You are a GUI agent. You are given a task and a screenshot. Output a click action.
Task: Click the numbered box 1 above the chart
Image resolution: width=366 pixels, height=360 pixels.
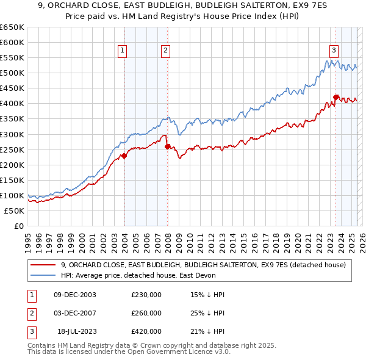(x=123, y=51)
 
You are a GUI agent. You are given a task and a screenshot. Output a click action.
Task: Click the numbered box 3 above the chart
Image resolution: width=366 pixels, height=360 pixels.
(x=334, y=51)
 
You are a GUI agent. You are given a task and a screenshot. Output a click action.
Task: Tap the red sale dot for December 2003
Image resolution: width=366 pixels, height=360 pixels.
(x=124, y=156)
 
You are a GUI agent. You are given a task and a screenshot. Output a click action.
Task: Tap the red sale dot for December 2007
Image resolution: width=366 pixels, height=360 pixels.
(x=167, y=146)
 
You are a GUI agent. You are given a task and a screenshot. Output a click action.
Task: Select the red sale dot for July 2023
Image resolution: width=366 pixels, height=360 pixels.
(x=335, y=97)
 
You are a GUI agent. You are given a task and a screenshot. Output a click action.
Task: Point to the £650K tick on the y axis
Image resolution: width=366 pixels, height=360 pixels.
(x=12, y=27)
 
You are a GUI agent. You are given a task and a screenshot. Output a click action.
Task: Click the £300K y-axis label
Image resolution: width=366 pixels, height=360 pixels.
(x=12, y=134)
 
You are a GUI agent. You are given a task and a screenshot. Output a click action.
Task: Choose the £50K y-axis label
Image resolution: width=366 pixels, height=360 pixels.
(x=14, y=211)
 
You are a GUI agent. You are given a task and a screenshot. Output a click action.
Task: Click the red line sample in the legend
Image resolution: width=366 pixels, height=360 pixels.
(x=43, y=265)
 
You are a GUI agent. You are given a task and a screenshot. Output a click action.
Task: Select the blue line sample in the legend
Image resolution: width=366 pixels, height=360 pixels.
(x=43, y=275)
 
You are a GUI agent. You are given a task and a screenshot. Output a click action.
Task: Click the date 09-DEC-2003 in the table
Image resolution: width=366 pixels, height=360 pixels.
(x=75, y=295)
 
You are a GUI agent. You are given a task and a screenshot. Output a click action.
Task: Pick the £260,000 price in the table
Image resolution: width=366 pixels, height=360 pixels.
(x=146, y=314)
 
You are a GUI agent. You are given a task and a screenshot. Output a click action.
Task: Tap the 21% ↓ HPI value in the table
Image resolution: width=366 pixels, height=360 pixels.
(x=207, y=332)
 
